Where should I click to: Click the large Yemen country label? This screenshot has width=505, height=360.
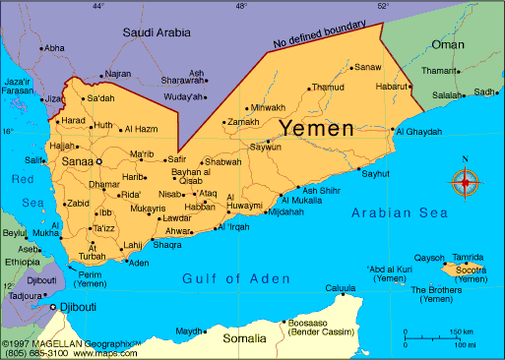pos(318,128)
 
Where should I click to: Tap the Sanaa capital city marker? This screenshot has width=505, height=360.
pos(98,160)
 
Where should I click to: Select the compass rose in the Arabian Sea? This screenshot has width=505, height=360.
pos(465,181)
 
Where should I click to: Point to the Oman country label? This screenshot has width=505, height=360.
pos(448,44)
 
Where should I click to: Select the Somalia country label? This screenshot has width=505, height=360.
pos(243,339)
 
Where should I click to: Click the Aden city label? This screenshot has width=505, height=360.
pos(140,263)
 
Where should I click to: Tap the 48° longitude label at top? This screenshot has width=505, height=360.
pos(241,6)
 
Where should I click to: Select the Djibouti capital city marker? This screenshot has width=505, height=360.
pos(53,308)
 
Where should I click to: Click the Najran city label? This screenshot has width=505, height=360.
pos(117,74)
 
